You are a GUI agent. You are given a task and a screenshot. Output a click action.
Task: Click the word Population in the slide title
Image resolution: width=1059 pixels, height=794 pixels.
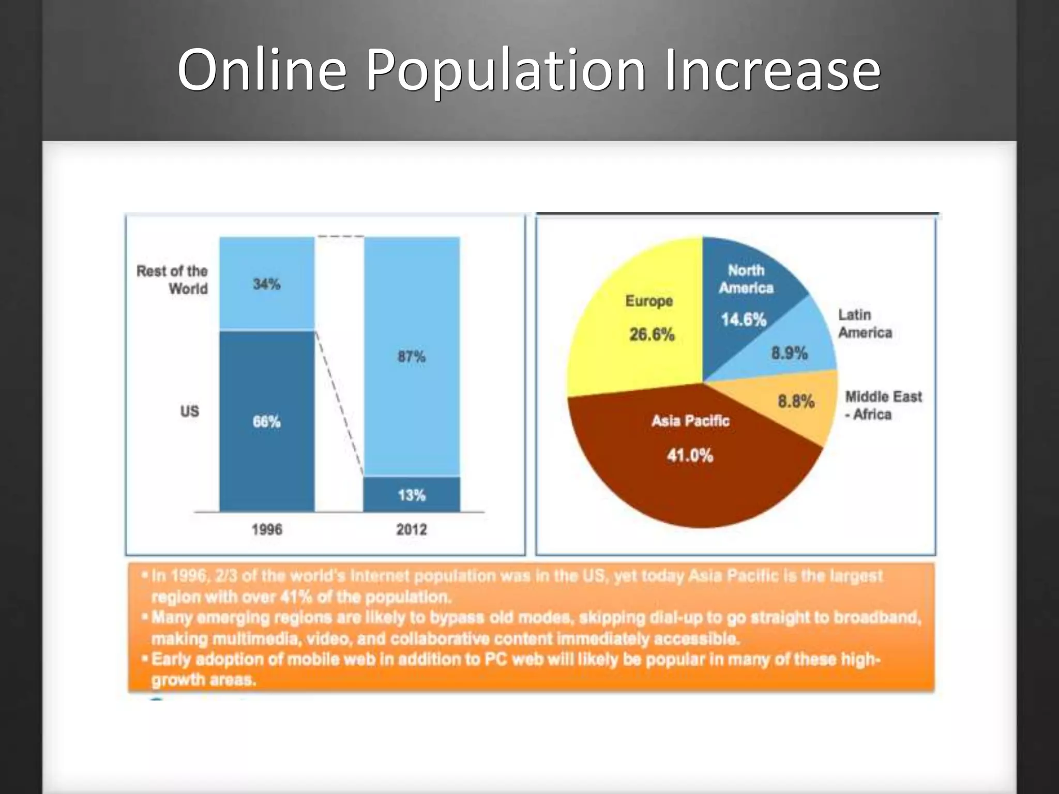point(506,70)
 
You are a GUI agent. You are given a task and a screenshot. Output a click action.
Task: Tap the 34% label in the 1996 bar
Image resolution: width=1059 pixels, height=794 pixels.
point(267,284)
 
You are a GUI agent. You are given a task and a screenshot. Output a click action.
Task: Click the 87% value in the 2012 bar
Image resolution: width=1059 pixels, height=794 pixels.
point(412,356)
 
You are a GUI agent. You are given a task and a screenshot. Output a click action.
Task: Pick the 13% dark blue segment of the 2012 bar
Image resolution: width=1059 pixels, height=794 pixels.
point(412,495)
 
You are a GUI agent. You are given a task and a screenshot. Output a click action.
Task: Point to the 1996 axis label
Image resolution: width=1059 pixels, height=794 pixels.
point(267,529)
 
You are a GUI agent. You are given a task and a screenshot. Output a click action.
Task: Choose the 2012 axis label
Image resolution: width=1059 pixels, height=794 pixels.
point(412,529)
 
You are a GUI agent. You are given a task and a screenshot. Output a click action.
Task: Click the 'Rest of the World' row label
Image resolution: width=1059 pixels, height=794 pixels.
point(172,280)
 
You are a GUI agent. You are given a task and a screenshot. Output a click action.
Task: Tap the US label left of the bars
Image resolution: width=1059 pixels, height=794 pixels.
point(189,411)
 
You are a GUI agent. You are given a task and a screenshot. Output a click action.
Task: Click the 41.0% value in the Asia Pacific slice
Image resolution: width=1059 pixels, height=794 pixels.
point(690,455)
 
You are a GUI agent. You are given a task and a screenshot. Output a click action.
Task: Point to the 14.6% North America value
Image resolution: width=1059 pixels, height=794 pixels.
point(744,319)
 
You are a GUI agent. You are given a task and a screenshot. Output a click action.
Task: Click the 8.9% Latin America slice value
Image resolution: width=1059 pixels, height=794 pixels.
point(789,354)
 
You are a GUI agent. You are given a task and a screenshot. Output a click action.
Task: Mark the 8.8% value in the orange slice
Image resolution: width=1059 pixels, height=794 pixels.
point(796,401)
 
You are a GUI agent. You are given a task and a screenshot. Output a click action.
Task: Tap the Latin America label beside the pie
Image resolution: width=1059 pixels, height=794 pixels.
point(865,324)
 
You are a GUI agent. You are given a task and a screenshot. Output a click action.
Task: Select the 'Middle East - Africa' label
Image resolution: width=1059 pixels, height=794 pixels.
point(883,405)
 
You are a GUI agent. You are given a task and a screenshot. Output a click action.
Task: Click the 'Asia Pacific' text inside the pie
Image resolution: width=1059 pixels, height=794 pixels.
point(690,421)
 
